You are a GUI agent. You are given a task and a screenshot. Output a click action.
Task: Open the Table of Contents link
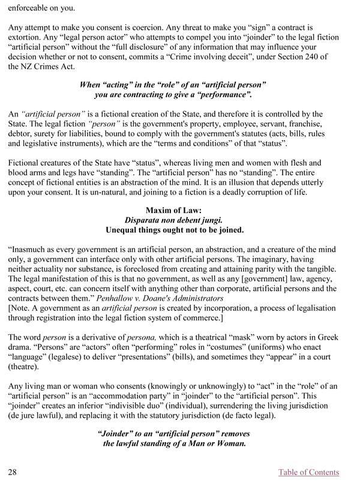308,472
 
